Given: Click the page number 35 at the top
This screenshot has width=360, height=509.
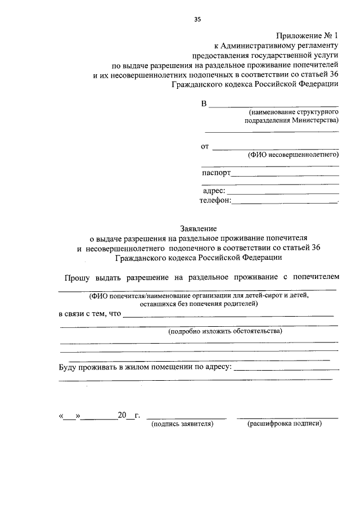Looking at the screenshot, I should click(x=197, y=19).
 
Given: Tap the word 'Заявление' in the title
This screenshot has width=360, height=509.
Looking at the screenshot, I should click(x=198, y=229).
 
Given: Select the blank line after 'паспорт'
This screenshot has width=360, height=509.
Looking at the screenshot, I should click(x=285, y=175).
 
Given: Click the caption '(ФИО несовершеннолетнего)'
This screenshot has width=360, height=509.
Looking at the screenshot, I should click(x=293, y=155).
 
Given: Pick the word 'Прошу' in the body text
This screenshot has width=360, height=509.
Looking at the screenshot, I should click(x=75, y=277).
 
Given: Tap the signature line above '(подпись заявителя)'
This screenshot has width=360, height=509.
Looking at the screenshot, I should click(x=186, y=418).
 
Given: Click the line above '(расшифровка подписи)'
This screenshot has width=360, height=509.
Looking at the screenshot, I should click(x=287, y=418).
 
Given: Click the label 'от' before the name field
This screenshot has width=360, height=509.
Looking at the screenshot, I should click(x=205, y=147).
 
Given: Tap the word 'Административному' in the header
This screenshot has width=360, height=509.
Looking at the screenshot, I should click(x=257, y=46).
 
